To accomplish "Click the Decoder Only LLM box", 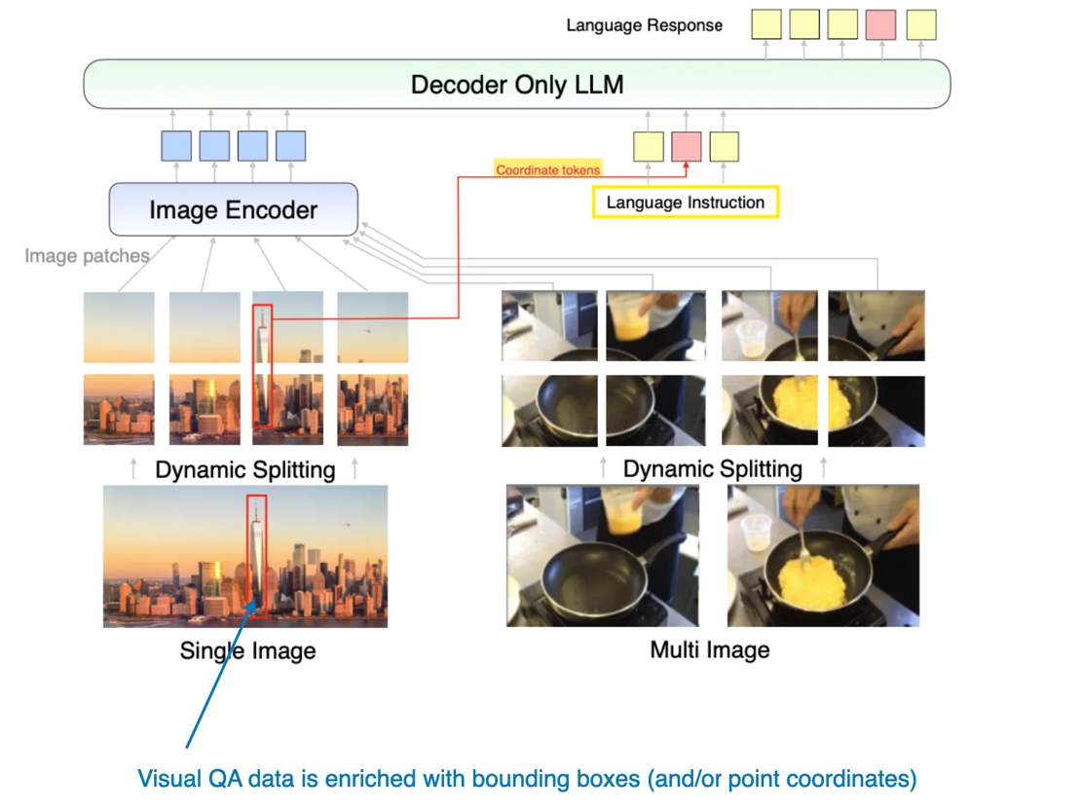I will [x=516, y=84].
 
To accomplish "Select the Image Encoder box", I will [x=233, y=209].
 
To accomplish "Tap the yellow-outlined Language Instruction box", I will [x=685, y=203].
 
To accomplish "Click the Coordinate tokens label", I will [x=547, y=170].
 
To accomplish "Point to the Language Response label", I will [x=644, y=25].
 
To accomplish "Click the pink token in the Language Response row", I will [x=880, y=24].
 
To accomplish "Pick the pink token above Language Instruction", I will [x=687, y=146].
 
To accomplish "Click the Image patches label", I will [x=87, y=256].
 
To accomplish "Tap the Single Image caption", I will [x=247, y=650].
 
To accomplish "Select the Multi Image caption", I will [x=709, y=649].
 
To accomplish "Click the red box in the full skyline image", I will [x=256, y=555].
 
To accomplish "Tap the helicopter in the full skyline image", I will [x=346, y=526].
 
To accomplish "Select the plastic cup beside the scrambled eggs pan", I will [x=756, y=531].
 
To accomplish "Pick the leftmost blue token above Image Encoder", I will [x=176, y=146].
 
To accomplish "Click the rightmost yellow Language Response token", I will [x=920, y=24].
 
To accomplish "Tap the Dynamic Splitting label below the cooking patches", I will [x=712, y=468].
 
